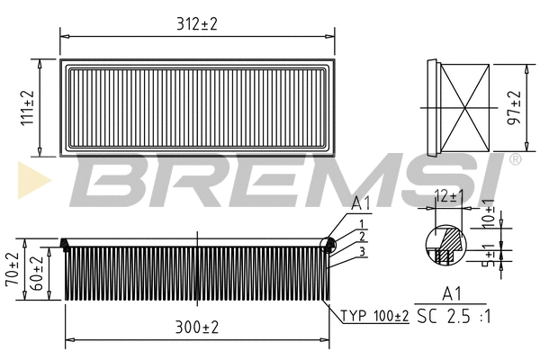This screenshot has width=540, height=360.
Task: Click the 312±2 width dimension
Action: pos(198,24)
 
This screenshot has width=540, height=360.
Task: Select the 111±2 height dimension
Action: pos(28,107)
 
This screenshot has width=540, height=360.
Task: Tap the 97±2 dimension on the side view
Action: pos(515,107)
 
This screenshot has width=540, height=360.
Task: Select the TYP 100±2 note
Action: pos(375,316)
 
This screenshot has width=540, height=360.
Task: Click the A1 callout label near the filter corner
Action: pos(360,203)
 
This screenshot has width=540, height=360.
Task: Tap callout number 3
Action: pos(360,251)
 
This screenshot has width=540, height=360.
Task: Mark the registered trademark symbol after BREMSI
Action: pos(514,160)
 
